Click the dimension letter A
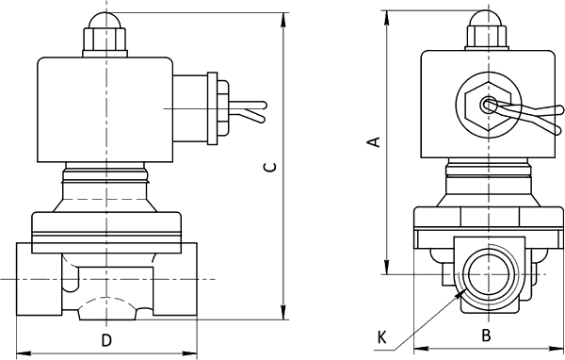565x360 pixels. [375, 141]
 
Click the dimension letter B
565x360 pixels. [487, 335]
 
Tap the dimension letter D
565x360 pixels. [105, 340]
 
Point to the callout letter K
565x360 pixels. [382, 338]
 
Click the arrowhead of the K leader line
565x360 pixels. [460, 294]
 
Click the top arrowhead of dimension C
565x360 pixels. [284, 20]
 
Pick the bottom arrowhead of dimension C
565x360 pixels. [284, 312]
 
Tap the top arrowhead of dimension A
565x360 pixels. [387, 18]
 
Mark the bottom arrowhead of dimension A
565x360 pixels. [387, 268]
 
